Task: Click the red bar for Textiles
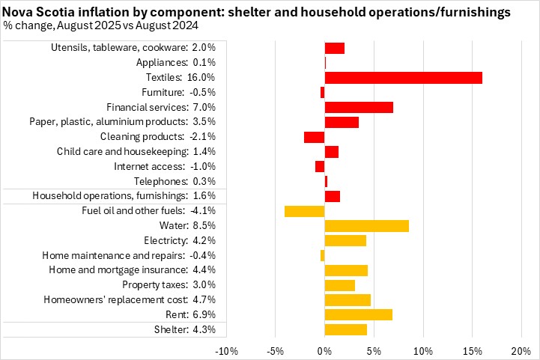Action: click(403, 78)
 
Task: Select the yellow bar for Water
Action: click(366, 225)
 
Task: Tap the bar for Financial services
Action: click(359, 107)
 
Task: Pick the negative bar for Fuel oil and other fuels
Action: click(305, 211)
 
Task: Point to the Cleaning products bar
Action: click(315, 137)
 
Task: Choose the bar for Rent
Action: click(359, 314)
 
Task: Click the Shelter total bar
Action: click(346, 329)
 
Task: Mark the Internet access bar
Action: click(320, 166)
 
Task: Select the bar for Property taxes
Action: click(339, 285)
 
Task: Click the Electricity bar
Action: click(345, 240)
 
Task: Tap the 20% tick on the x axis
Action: click(521, 350)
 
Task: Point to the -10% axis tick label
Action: click(226, 350)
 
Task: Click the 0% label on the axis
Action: click(324, 350)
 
